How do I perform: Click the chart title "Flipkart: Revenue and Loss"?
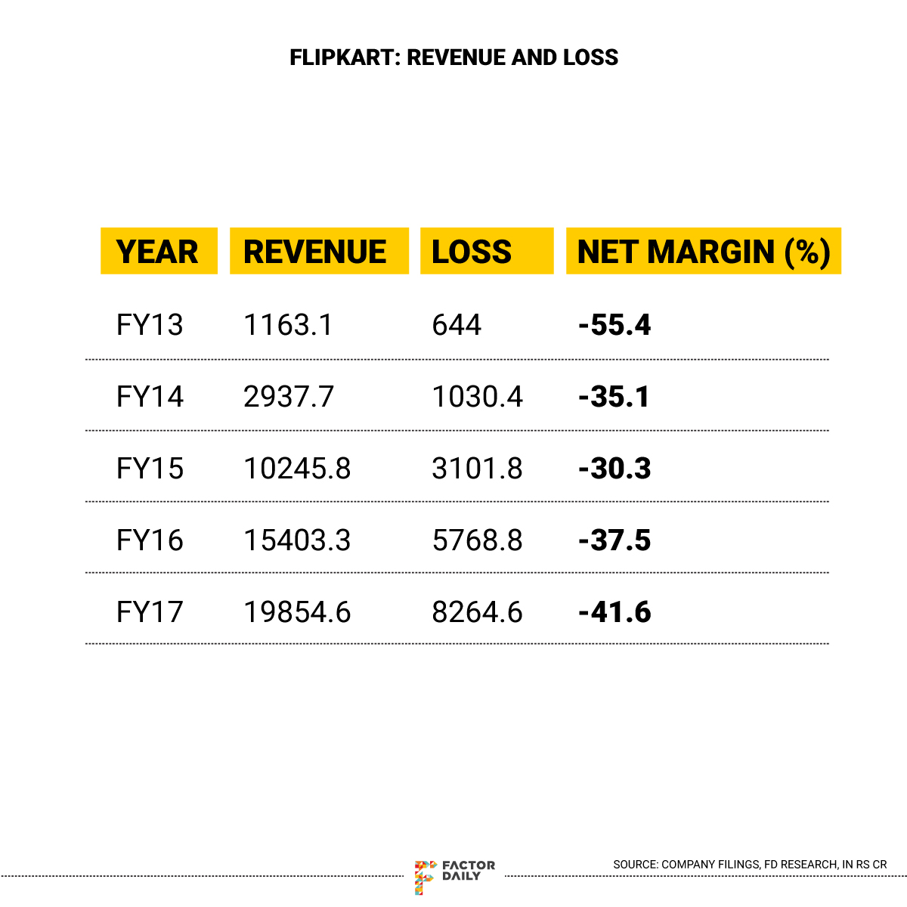(453, 57)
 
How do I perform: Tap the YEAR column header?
(158, 251)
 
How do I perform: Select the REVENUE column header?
(315, 251)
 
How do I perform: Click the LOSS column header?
(472, 251)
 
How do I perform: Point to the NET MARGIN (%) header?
(704, 251)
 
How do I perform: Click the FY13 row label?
(150, 325)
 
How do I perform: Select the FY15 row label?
(150, 469)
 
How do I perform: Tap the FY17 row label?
(150, 611)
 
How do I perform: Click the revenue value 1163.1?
(288, 325)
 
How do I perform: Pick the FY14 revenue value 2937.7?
(289, 397)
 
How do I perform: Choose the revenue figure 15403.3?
(297, 540)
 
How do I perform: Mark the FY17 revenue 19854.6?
(297, 611)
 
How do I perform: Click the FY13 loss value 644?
(457, 325)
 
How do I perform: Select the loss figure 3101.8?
(477, 469)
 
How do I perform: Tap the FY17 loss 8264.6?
(477, 611)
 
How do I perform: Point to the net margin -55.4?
(614, 325)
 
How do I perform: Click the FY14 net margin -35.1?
(614, 397)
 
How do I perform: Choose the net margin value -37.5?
(614, 540)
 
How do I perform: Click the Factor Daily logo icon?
(425, 876)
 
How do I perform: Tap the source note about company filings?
(750, 864)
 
